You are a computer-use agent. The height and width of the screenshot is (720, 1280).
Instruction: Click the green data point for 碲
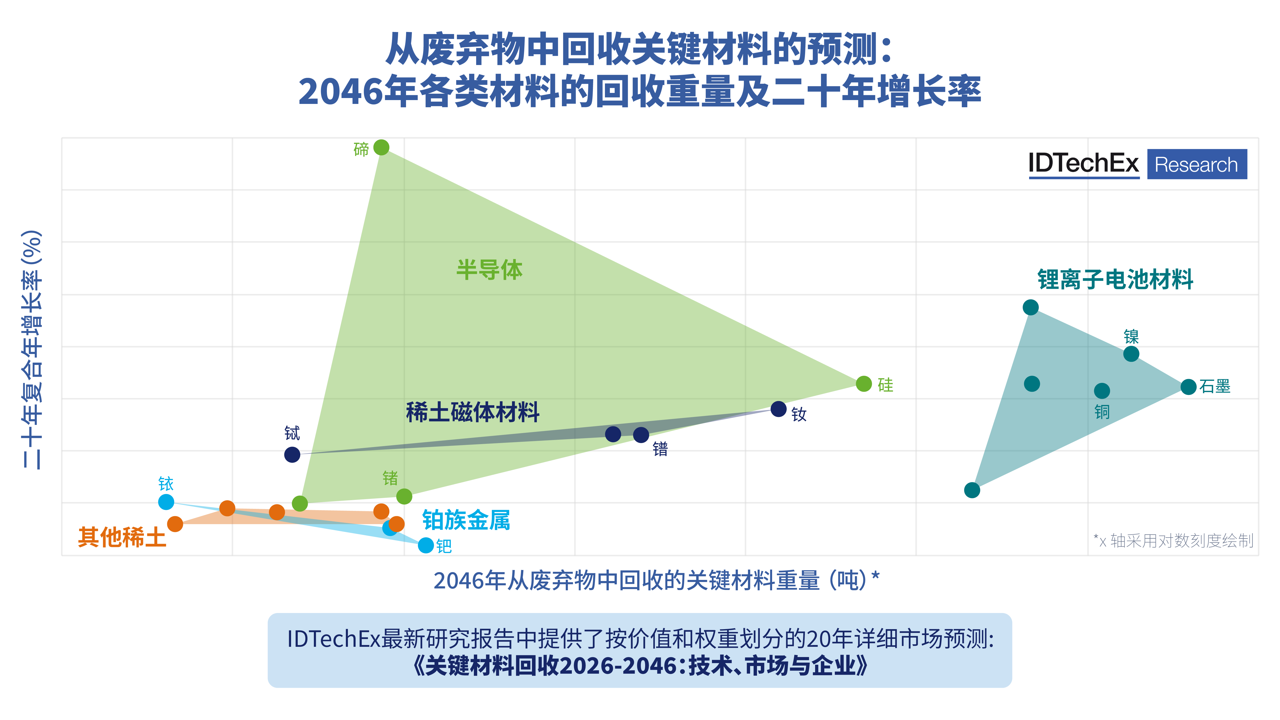click(381, 148)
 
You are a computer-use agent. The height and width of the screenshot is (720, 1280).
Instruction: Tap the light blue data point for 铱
click(166, 502)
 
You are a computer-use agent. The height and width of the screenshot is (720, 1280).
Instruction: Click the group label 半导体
click(489, 270)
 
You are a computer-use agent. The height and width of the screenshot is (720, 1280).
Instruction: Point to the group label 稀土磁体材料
click(473, 412)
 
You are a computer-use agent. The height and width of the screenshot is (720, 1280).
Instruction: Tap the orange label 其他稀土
click(122, 537)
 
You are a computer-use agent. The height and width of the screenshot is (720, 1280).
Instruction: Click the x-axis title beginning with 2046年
click(656, 580)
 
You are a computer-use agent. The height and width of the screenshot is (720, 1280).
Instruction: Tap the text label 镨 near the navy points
click(660, 449)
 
